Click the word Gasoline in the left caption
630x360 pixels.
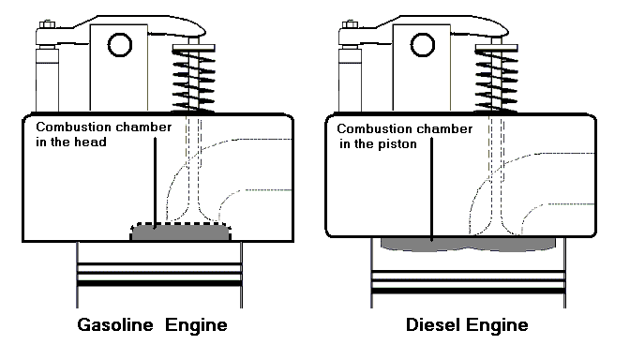pyautogui.click(x=115, y=324)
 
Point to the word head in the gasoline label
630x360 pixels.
pyautogui.click(x=93, y=142)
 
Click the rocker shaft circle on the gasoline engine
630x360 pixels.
pyautogui.click(x=120, y=45)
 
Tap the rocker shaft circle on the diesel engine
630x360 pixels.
pyautogui.click(x=423, y=45)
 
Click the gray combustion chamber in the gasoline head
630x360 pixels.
pyautogui.click(x=180, y=232)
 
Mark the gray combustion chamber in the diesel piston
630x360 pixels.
pyautogui.click(x=468, y=244)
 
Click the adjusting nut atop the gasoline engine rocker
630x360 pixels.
pyautogui.click(x=48, y=24)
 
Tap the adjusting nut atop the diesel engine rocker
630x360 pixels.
pyautogui.click(x=350, y=24)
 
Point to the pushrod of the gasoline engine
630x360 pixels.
pyautogui.click(x=48, y=79)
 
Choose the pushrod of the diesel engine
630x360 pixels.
pyautogui.click(x=350, y=79)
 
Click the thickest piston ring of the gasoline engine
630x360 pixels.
pyautogui.click(x=159, y=283)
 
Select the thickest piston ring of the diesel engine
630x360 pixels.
pyautogui.click(x=469, y=291)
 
